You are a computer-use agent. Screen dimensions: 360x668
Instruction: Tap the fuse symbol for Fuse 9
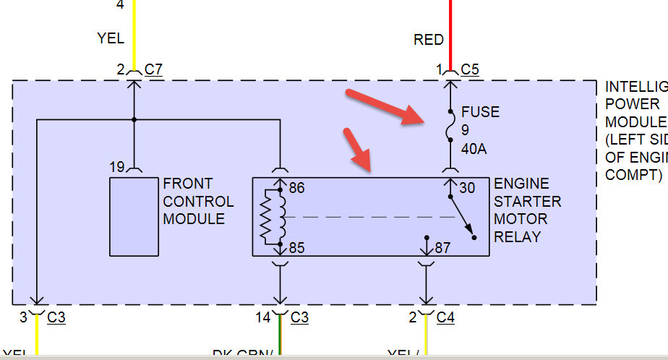click(x=450, y=129)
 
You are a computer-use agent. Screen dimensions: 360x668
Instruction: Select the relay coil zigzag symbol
click(x=273, y=217)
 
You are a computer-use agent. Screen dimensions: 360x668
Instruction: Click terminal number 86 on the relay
click(x=297, y=189)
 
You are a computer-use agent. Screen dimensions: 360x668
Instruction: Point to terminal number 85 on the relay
click(x=297, y=249)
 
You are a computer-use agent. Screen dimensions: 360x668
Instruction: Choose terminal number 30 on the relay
click(x=467, y=189)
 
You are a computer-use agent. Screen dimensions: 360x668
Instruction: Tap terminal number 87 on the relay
click(x=443, y=249)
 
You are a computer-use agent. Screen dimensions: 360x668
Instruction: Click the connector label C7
click(x=153, y=70)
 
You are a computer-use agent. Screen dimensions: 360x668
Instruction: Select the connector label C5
click(x=470, y=70)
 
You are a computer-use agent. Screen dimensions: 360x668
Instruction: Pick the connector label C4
click(x=446, y=317)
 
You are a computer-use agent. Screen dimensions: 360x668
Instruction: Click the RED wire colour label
click(x=429, y=40)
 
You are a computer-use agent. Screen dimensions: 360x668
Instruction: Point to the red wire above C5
click(x=450, y=29)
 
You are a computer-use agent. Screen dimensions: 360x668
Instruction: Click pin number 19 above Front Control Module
click(x=117, y=167)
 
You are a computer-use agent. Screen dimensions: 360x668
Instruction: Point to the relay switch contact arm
click(x=462, y=216)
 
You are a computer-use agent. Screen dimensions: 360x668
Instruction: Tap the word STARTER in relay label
click(x=527, y=201)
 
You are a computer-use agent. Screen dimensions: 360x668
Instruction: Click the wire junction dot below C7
click(x=134, y=120)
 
